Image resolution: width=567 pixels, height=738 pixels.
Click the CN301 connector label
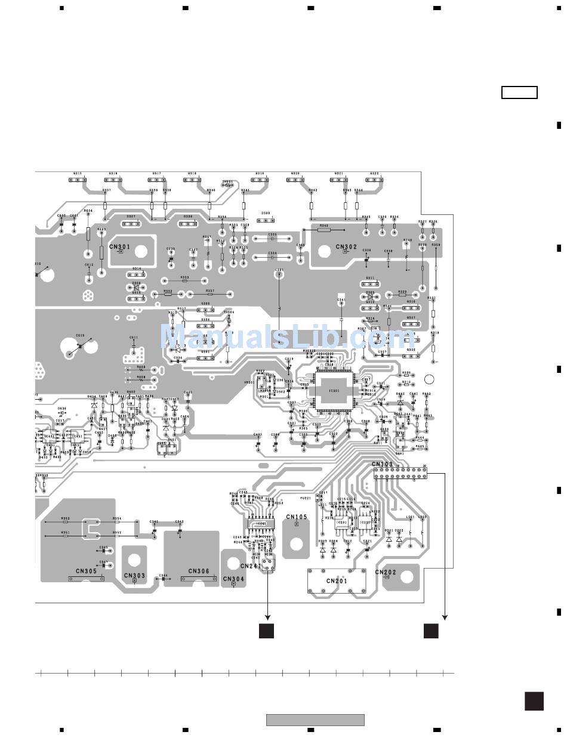(x=119, y=246)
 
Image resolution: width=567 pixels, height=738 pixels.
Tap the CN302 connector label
(x=346, y=246)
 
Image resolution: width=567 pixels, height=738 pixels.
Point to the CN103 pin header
(x=400, y=474)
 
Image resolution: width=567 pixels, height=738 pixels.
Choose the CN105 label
(x=297, y=517)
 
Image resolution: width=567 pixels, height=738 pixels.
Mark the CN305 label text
(x=87, y=571)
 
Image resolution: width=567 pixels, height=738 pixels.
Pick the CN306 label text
(x=199, y=571)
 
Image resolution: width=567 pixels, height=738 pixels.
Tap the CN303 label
(x=134, y=576)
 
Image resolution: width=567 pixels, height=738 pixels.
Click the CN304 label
(x=233, y=579)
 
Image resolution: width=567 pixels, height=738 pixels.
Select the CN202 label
(x=386, y=572)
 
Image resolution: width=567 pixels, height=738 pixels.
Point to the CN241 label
(x=251, y=566)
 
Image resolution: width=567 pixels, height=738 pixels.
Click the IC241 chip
(x=261, y=524)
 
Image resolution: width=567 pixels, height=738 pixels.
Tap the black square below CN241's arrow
(x=266, y=631)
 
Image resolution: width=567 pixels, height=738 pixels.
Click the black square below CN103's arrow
(x=431, y=631)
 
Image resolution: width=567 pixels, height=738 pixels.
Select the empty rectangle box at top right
(x=519, y=92)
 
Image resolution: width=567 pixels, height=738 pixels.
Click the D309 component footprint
(x=266, y=219)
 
